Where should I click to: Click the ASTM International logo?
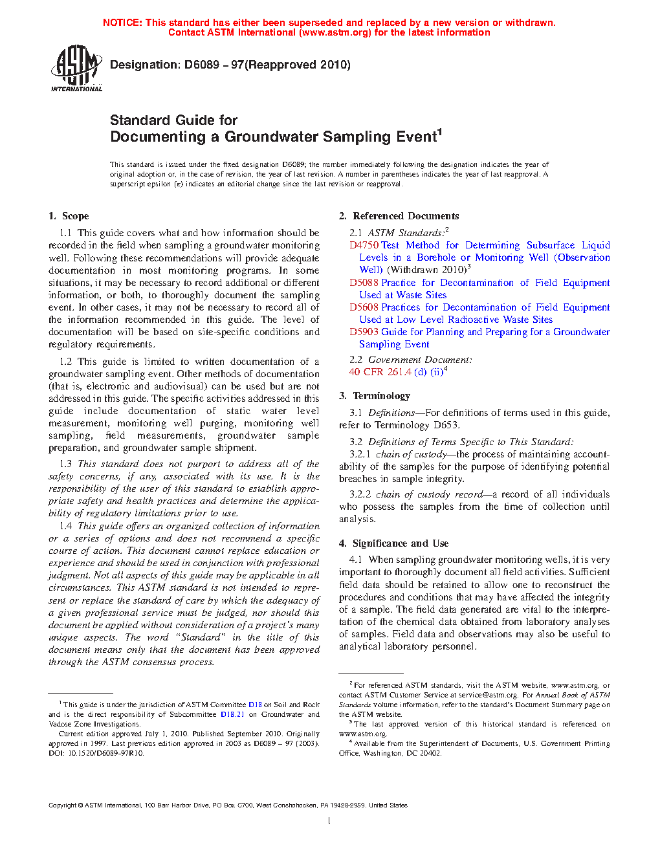(x=76, y=68)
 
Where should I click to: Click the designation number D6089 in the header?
(x=202, y=65)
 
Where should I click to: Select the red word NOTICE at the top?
(x=122, y=23)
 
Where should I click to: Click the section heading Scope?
(x=75, y=216)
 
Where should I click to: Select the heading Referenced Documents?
(x=406, y=216)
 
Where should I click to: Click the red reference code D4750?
(x=364, y=245)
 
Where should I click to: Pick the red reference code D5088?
(x=364, y=283)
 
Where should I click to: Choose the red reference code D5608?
(x=364, y=307)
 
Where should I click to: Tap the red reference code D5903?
(x=364, y=332)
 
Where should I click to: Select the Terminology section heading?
(x=381, y=396)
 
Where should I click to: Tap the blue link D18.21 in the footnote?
(x=232, y=715)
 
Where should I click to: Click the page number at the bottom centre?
(x=329, y=821)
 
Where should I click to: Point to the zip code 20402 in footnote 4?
(x=431, y=754)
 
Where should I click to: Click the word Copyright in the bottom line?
(x=63, y=805)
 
